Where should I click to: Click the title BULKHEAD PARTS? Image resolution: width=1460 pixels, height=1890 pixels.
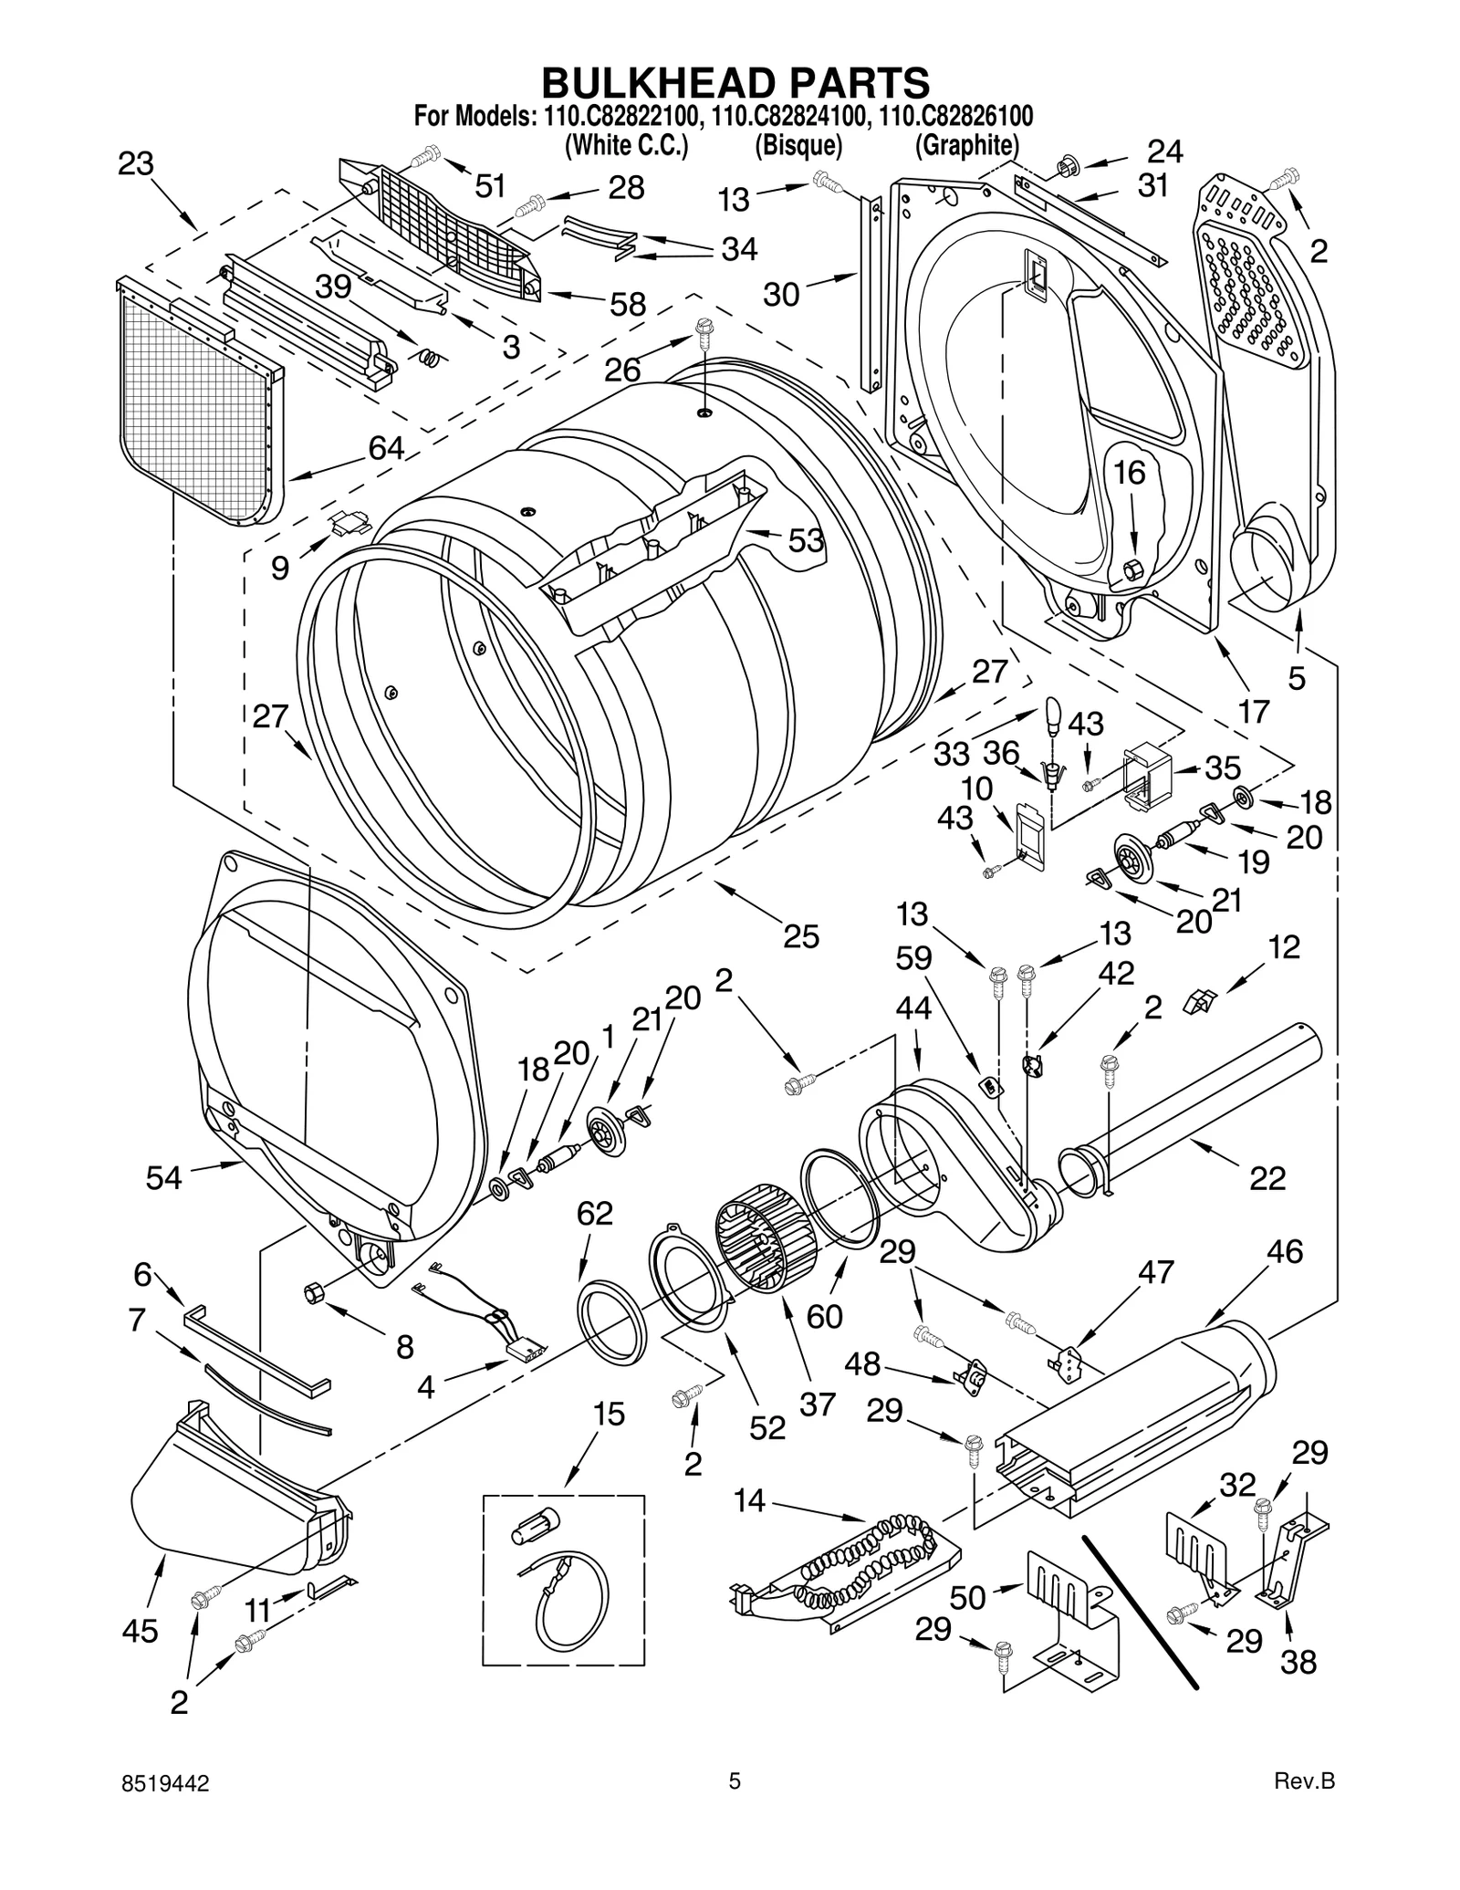coord(735,82)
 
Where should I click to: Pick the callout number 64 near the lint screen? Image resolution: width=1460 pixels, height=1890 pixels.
coord(386,447)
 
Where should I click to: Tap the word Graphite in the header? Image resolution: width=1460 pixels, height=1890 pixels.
coord(966,145)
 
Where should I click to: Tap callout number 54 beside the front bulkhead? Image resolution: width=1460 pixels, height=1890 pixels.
coord(164,1177)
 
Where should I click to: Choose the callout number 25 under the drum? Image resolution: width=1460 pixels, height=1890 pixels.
coord(800,936)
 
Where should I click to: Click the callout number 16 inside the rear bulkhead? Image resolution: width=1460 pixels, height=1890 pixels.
coord(1130,472)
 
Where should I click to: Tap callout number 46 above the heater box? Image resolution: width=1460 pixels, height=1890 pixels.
coord(1284,1251)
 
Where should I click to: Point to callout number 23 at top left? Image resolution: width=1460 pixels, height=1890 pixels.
coord(136,164)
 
